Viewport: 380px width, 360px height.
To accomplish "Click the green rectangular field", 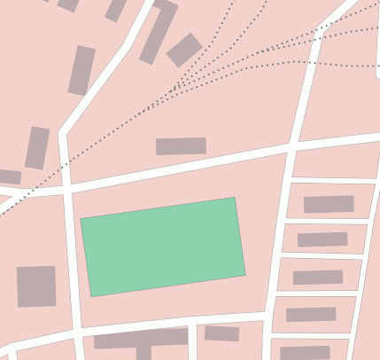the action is tap(163, 247).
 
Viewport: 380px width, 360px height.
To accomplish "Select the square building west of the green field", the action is tap(36, 286).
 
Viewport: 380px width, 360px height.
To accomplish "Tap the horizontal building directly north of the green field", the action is tap(181, 146).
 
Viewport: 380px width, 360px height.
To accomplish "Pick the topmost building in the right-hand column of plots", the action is tap(329, 204).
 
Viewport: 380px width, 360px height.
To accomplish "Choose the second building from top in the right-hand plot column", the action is tap(322, 239).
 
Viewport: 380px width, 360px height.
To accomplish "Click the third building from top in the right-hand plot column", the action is tap(318, 278).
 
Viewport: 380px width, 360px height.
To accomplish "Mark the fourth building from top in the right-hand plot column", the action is tap(311, 314).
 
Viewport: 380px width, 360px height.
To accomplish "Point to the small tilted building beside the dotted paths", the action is tap(184, 50).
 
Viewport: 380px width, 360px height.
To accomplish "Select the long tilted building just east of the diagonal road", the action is tap(158, 33).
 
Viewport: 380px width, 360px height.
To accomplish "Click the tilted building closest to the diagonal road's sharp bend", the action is tap(37, 148).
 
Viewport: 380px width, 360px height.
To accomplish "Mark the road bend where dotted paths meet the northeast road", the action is tap(319, 29).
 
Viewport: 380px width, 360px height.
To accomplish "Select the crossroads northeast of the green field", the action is tap(291, 145).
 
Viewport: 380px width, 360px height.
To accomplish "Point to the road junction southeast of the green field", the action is tap(266, 314).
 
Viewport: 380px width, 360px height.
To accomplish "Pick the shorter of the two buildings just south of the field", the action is tap(221, 333).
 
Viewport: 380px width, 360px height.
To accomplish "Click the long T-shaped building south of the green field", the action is tap(142, 339).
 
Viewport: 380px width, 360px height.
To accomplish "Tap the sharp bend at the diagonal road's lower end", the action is tap(62, 134).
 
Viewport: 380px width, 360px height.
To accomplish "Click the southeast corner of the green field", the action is tap(245, 275).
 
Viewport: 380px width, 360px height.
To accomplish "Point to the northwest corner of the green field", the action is tap(81, 218).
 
